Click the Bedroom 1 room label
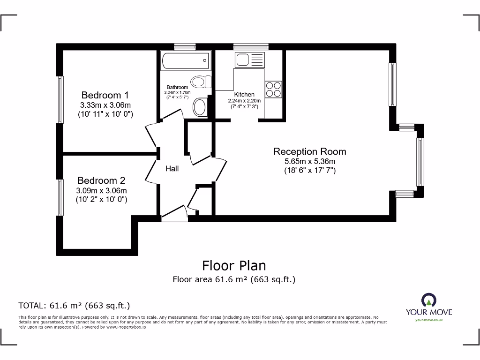105,95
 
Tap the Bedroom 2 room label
101,180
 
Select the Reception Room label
309,151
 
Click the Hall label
172,169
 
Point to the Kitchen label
244,94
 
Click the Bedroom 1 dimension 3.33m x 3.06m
105,105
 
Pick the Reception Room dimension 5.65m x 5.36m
309,162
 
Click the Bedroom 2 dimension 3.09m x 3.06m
101,191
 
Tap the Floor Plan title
234,266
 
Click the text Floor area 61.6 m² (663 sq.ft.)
234,280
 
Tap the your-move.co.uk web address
428,320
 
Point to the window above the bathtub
184,46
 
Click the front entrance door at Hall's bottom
174,215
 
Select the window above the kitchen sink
251,46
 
